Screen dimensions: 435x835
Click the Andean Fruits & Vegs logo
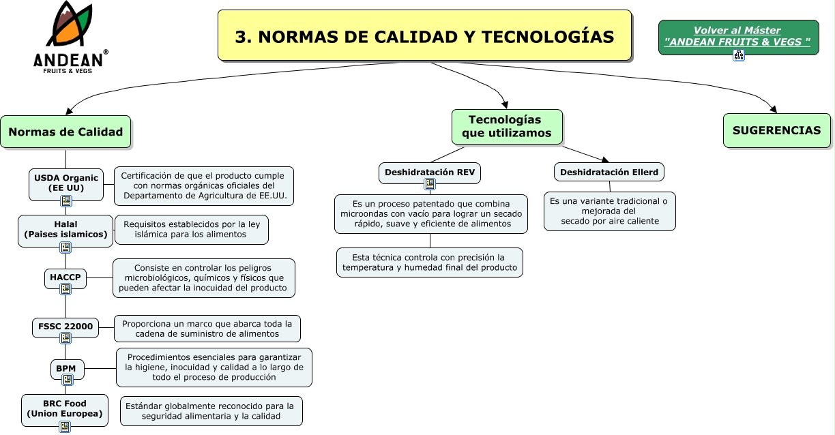pyautogui.click(x=70, y=38)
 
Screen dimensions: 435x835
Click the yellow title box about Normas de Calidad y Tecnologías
pyautogui.click(x=424, y=36)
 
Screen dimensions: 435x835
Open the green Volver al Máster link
pyautogui.click(x=737, y=36)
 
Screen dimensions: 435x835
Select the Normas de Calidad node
pyautogui.click(x=65, y=132)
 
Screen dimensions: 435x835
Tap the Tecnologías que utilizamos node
pyautogui.click(x=506, y=127)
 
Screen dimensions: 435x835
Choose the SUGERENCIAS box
pyautogui.click(x=776, y=130)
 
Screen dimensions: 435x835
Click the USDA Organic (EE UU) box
pyautogui.click(x=65, y=183)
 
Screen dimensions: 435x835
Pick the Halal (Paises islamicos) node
pyautogui.click(x=65, y=229)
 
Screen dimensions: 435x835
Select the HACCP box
pyautogui.click(x=65, y=277)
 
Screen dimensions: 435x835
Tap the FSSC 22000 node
pyautogui.click(x=65, y=327)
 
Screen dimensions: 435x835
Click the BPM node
pyautogui.click(x=66, y=369)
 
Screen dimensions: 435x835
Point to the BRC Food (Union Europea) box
pyautogui.click(x=65, y=408)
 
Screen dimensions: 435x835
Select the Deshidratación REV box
pyautogui.click(x=430, y=172)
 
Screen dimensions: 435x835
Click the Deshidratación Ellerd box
pyautogui.click(x=609, y=172)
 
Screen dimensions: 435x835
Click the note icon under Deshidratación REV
pyautogui.click(x=430, y=185)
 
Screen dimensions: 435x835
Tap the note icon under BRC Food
pyautogui.click(x=65, y=427)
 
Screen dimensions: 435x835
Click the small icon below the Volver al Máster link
pyautogui.click(x=738, y=56)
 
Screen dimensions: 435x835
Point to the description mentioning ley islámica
pyautogui.click(x=191, y=230)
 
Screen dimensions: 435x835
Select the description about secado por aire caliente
pyautogui.click(x=610, y=211)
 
